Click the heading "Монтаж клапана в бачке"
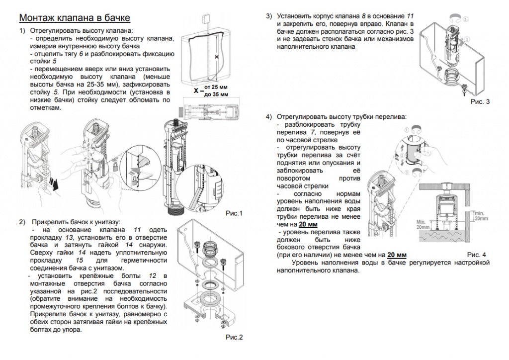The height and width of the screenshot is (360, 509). click(75, 18)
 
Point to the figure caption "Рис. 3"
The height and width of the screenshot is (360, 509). click(480, 102)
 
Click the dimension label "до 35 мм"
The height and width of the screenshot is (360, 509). click(216, 94)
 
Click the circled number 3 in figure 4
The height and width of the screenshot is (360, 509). click(407, 172)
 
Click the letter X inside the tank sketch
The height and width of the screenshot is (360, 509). click(216, 58)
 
